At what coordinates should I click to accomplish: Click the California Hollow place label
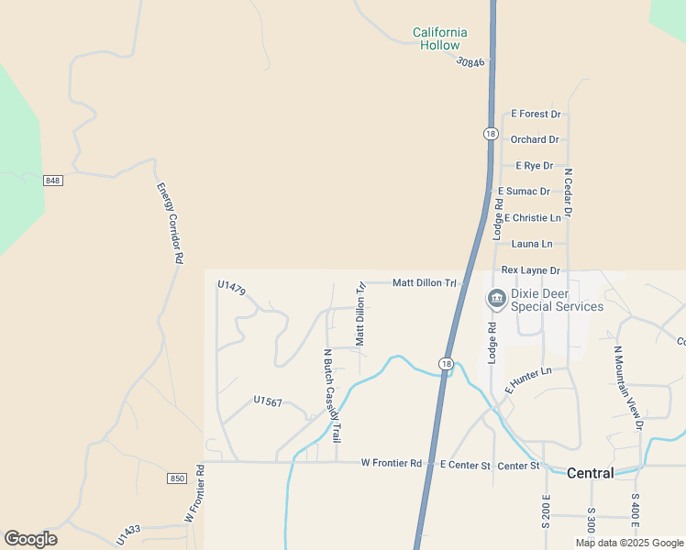tap(439, 38)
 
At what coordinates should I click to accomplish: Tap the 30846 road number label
tap(469, 61)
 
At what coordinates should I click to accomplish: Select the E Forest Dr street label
tap(536, 114)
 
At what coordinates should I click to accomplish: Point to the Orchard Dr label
tap(535, 139)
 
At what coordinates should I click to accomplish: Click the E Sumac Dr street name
tap(524, 192)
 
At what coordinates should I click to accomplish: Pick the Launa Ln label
tap(533, 244)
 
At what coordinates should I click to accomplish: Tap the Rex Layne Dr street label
tap(530, 270)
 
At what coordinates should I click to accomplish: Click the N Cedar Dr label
tap(568, 192)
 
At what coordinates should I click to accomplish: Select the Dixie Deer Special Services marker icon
tap(496, 299)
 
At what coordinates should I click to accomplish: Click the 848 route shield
tap(52, 181)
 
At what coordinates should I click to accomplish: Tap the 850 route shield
tap(177, 478)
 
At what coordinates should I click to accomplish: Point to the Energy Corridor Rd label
tap(170, 224)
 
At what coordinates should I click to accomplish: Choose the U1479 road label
tap(231, 287)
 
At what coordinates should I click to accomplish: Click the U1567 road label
tap(268, 401)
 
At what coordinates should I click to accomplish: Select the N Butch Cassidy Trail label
tap(331, 396)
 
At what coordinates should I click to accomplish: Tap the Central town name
tap(590, 474)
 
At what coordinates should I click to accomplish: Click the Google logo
tap(31, 539)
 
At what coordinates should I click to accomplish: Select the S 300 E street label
tap(591, 522)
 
